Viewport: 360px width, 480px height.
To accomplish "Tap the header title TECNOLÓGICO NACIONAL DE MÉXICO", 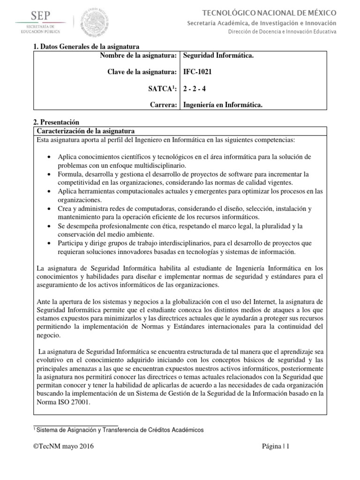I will coord(276,13).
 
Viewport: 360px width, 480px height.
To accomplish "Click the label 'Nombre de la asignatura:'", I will coord(138,56).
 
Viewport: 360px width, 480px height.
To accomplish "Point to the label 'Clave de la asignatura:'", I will coord(142,72).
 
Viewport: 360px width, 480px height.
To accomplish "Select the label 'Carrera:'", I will coord(162,105).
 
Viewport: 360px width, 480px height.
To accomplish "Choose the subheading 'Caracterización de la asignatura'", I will coord(86,130).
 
